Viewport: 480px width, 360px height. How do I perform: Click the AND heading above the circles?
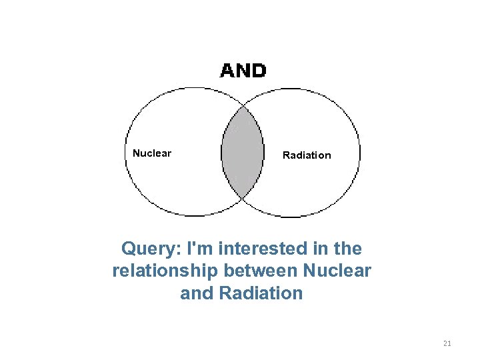[243, 71]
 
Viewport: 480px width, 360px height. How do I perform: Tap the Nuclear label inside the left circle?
[152, 153]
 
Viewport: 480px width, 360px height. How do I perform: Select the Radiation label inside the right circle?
[307, 155]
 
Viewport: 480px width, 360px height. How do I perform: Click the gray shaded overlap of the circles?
[241, 153]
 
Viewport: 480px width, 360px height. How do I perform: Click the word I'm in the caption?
[201, 249]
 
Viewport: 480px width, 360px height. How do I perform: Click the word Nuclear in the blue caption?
[337, 271]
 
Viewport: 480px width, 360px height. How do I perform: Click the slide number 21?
[447, 343]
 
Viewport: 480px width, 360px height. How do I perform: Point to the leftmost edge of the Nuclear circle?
[125, 153]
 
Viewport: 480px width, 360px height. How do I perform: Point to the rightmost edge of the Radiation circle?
[361, 154]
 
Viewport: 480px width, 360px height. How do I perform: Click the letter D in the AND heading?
[258, 71]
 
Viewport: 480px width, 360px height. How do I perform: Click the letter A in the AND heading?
[227, 71]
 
